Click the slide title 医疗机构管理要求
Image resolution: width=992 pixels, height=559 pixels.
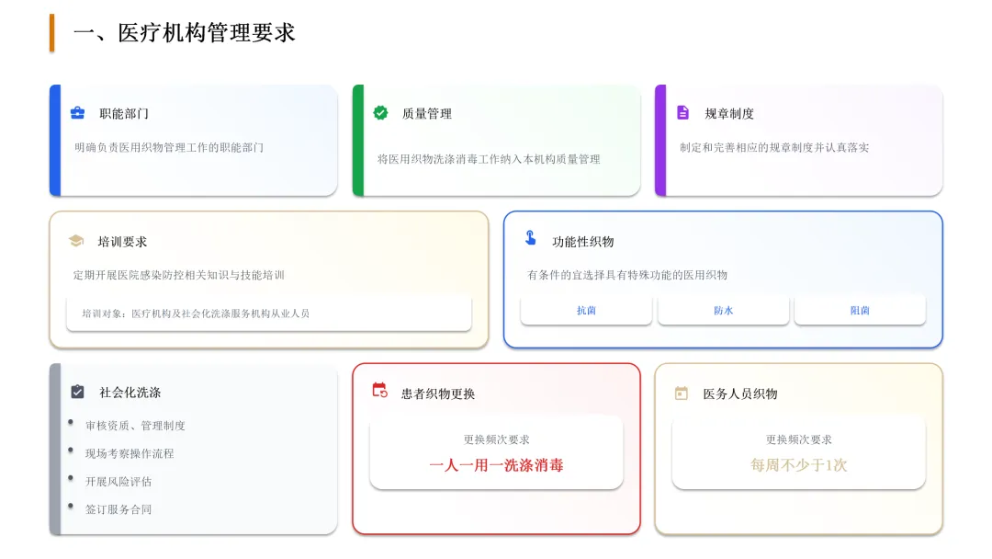[184, 33]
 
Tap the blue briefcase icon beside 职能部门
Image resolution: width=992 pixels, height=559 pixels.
[78, 113]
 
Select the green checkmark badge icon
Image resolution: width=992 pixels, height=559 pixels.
[380, 113]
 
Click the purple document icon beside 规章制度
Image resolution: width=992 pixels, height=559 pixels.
[682, 113]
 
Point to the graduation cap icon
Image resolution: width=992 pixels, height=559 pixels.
[76, 241]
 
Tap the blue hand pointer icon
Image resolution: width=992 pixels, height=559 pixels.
[531, 239]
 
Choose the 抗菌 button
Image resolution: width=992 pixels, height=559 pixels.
[586, 311]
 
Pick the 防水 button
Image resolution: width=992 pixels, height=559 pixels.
[723, 311]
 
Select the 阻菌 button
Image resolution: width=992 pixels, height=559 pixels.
[860, 311]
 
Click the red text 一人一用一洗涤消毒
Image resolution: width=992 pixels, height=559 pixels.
[496, 465]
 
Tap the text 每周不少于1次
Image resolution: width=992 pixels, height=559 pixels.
[798, 465]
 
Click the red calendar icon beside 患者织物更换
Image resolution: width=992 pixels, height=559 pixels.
[379, 390]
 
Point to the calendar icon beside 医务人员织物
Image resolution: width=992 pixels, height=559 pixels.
[682, 394]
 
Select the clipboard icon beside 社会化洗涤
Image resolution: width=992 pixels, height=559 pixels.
[78, 392]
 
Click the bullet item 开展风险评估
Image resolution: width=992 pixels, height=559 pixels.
[118, 482]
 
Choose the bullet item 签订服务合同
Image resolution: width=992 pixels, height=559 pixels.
[118, 509]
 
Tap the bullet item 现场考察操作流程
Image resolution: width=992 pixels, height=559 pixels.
[130, 454]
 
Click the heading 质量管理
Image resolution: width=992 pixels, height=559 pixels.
[427, 114]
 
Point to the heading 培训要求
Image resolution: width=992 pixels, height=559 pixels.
[122, 242]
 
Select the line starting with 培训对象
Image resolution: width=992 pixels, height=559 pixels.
[196, 314]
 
